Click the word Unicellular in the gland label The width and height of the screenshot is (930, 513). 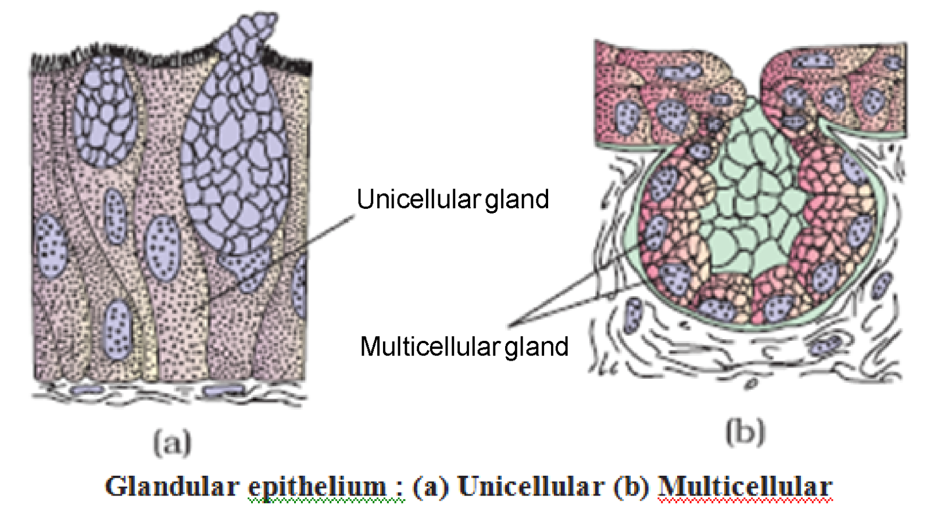(x=419, y=199)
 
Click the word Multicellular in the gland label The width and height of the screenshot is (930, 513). (x=430, y=347)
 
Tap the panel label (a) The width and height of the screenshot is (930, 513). (x=172, y=443)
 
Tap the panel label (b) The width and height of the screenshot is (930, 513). (x=745, y=433)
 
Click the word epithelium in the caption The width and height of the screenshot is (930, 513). (x=317, y=486)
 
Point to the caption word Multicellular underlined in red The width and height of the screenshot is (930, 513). (x=745, y=486)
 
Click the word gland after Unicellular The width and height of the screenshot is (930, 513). (x=517, y=199)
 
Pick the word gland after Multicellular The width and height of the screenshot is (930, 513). (x=536, y=347)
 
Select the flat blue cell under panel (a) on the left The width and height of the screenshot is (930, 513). (x=87, y=389)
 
